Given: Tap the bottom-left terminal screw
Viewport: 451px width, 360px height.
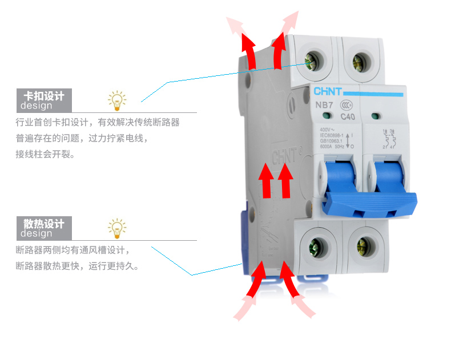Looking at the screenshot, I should click(314, 246).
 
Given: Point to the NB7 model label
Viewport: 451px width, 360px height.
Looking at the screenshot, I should click(324, 106).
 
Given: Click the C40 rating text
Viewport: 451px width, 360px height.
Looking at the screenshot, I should click(348, 117).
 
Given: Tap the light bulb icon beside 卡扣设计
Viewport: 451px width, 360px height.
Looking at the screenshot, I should click(117, 100).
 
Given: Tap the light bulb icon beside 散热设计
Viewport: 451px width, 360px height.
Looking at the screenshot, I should click(117, 228).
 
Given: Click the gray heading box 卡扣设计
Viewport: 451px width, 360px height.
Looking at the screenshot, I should click(43, 100).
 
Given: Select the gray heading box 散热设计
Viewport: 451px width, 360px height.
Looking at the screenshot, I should click(43, 228).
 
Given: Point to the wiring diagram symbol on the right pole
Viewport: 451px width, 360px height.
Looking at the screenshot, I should click(391, 139).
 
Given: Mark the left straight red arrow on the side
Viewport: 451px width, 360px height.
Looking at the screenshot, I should click(265, 180).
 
